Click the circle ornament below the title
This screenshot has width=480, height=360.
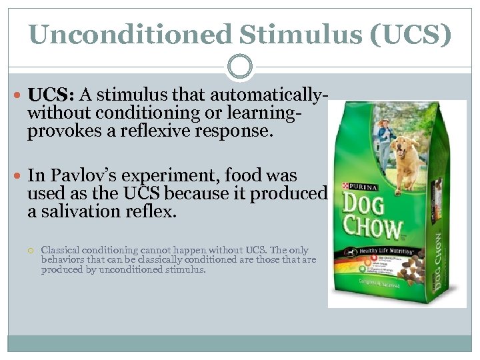tap(240, 67)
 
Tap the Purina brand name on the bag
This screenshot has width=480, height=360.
tap(360, 186)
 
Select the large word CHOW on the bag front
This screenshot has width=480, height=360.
tap(374, 230)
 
